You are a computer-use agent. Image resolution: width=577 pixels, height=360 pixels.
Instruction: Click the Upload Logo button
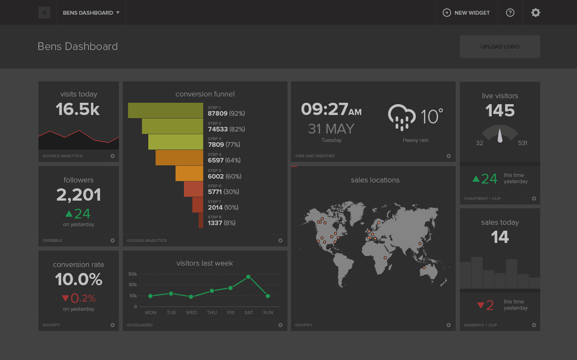499,46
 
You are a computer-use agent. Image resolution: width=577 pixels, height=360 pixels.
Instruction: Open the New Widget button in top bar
466,13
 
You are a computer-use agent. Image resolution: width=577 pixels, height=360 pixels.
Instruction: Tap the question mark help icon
510,13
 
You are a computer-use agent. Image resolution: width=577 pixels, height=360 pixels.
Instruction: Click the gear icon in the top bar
536,13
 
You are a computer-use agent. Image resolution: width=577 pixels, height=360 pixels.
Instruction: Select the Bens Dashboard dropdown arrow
118,13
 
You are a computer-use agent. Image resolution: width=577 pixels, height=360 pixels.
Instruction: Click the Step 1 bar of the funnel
165,110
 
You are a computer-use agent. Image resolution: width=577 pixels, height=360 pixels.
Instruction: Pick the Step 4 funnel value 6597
216,160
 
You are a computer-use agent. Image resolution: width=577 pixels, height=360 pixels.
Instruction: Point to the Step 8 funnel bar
201,221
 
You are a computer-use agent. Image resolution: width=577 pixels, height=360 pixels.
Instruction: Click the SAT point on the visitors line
248,277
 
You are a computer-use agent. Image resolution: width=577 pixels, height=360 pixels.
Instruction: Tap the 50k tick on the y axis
133,274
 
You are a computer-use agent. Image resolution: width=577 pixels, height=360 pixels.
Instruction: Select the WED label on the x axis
191,312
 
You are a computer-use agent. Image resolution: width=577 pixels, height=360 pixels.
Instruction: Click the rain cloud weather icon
401,117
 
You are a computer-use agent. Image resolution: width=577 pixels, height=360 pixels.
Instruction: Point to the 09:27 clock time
325,109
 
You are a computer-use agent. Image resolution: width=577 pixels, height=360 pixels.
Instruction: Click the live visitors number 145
500,111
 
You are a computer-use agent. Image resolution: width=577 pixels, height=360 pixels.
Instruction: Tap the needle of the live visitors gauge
500,136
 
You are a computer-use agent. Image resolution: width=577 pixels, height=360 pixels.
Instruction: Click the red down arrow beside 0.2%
65,298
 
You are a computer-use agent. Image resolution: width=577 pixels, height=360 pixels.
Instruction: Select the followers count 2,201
79,195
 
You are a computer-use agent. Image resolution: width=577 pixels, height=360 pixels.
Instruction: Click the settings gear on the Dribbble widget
113,240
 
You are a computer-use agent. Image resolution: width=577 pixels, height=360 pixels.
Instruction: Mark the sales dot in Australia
424,267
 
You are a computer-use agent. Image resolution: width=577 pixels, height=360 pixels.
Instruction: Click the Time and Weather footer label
315,156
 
